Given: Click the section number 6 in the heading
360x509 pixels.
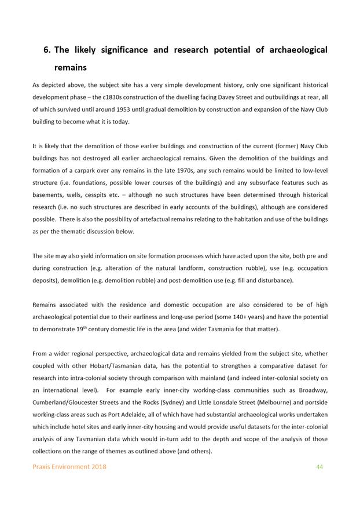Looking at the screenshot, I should pos(47,50).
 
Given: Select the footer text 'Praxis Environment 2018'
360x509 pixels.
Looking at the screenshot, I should pos(69,467).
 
